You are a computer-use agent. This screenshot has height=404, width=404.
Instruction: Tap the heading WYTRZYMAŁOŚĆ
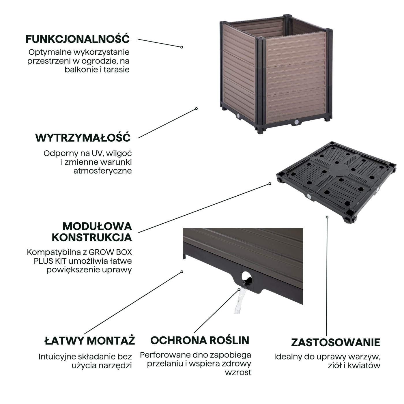point(83,138)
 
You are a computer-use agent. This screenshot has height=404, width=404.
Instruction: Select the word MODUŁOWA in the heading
point(97,227)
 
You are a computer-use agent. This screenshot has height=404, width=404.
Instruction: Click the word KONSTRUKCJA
point(92,237)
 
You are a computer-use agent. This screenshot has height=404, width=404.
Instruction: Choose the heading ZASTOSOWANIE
point(336,342)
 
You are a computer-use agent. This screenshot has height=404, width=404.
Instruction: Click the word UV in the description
point(97,153)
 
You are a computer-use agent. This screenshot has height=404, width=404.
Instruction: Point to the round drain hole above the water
point(246,276)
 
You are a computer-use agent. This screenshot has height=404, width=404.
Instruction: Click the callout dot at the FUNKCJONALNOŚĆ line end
point(182,47)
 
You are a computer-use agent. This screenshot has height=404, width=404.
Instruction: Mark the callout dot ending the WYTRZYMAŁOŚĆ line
point(197,109)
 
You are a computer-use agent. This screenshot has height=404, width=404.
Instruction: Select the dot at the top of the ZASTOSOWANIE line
point(327,217)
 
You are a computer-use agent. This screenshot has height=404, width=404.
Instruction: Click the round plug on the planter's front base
point(296,122)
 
